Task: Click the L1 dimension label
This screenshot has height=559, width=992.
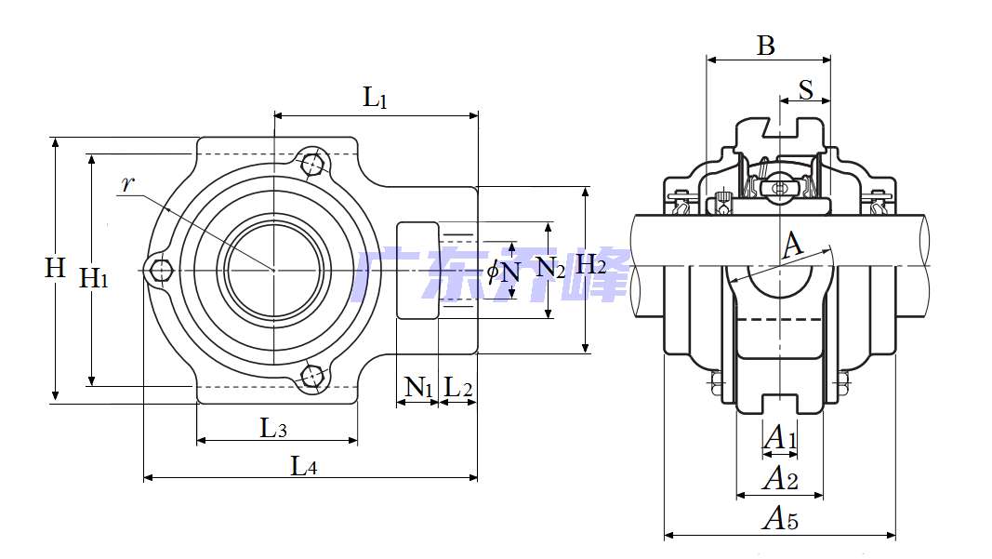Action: click(375, 98)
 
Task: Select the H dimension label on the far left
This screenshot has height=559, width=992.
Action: click(56, 269)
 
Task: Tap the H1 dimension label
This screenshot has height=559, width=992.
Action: click(94, 277)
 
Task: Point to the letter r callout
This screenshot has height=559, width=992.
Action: click(128, 183)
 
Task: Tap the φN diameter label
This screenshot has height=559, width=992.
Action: click(504, 272)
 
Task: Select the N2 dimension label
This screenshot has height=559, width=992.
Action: click(551, 270)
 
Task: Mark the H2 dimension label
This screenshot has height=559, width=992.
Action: click(591, 265)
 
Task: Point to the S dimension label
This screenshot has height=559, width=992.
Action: click(805, 90)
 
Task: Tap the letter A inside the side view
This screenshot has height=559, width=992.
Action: click(792, 246)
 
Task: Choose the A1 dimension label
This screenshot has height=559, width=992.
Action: click(779, 437)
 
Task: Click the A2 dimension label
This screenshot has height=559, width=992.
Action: click(779, 479)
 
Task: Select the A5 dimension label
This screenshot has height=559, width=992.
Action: click(779, 519)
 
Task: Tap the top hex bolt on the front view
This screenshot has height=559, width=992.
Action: click(313, 164)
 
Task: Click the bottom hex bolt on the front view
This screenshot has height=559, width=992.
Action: click(312, 376)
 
